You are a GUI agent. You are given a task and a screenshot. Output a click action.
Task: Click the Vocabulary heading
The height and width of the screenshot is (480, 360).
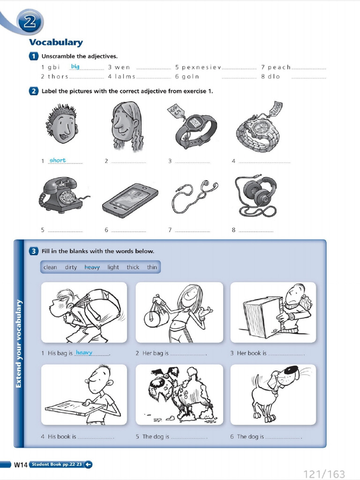coord(56,42)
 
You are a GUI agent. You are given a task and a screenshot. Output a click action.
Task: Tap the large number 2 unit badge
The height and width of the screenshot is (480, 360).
coord(30,22)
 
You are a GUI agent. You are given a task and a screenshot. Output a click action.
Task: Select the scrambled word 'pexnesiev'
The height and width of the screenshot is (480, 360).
coord(202,67)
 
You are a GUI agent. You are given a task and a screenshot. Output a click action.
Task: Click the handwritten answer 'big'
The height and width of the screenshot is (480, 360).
coord(75,67)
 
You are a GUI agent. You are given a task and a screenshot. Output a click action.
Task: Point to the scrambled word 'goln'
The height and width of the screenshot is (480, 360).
coord(190,76)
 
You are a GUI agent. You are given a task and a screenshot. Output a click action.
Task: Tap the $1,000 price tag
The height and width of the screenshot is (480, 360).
coord(276,108)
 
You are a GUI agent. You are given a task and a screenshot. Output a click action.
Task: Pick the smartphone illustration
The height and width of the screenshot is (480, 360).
coord(130,201)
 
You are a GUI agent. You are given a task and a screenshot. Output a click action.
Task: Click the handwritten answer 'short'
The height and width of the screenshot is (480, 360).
coord(58,160)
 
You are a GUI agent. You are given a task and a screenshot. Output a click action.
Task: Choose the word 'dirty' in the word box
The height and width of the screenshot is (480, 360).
coord(71,267)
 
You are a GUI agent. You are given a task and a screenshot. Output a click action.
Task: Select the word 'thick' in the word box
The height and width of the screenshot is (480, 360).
coord(133,267)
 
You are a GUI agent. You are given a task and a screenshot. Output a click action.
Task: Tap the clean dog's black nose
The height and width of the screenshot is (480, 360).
coord(291,370)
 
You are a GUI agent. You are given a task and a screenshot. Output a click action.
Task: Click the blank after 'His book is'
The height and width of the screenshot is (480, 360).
coord(95,437)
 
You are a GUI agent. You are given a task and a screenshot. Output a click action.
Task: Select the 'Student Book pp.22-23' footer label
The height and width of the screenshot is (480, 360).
coord(57,465)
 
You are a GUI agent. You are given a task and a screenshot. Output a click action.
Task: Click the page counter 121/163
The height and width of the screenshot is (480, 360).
coord(324,474)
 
